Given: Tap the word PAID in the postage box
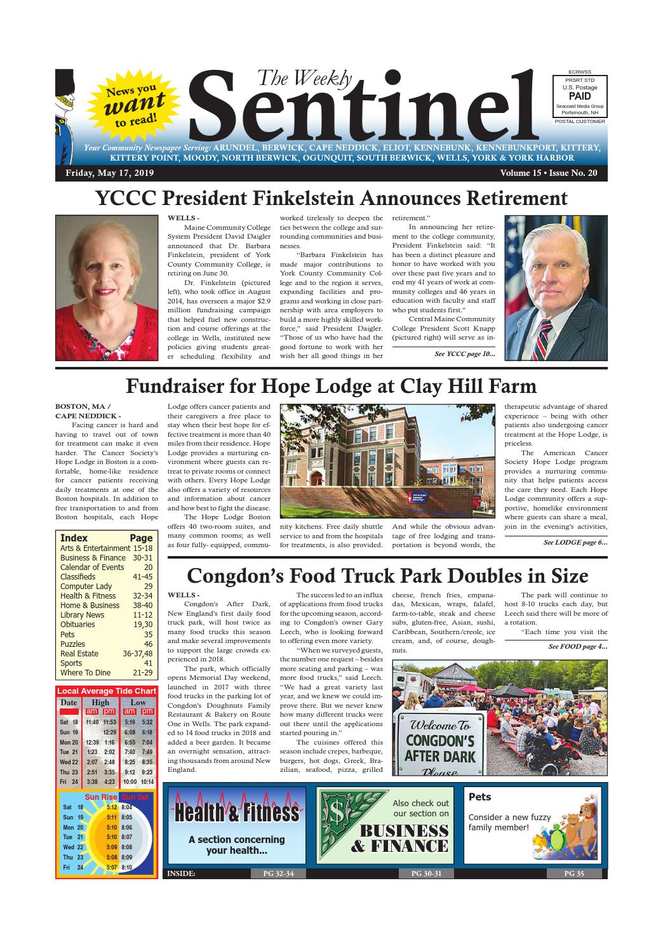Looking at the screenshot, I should click(x=580, y=96).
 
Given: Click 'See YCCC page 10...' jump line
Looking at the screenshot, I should click(x=464, y=354).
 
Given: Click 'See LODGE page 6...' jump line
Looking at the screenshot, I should click(x=575, y=542).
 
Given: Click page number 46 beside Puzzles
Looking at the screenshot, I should click(x=148, y=644).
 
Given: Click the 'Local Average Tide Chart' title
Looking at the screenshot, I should click(x=106, y=691).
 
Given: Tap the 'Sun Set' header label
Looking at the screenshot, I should click(x=135, y=797).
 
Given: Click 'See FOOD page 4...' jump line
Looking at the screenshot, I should click(x=577, y=646).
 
